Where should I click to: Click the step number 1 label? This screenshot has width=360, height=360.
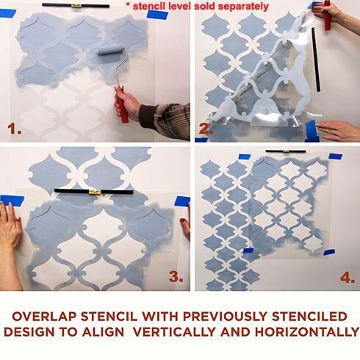[14, 129]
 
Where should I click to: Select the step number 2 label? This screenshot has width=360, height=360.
[206, 129]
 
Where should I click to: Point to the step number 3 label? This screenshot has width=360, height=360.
[176, 277]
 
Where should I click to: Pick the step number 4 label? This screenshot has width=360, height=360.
[348, 278]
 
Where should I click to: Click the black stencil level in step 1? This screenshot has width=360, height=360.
[76, 5]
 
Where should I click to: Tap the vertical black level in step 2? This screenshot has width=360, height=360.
[316, 60]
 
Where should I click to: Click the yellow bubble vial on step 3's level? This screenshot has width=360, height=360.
[94, 192]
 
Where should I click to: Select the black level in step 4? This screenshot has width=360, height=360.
[286, 151]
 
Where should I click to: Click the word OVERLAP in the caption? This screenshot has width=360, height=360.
[45, 317]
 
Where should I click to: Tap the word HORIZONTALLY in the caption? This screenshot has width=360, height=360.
[307, 332]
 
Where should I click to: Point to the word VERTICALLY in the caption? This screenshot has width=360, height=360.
[174, 332]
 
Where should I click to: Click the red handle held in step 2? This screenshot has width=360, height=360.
[327, 15]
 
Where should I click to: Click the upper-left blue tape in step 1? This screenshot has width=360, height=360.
[7, 13]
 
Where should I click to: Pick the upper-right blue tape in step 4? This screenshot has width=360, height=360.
[335, 156]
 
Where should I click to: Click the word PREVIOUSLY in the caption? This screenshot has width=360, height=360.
[225, 317]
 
